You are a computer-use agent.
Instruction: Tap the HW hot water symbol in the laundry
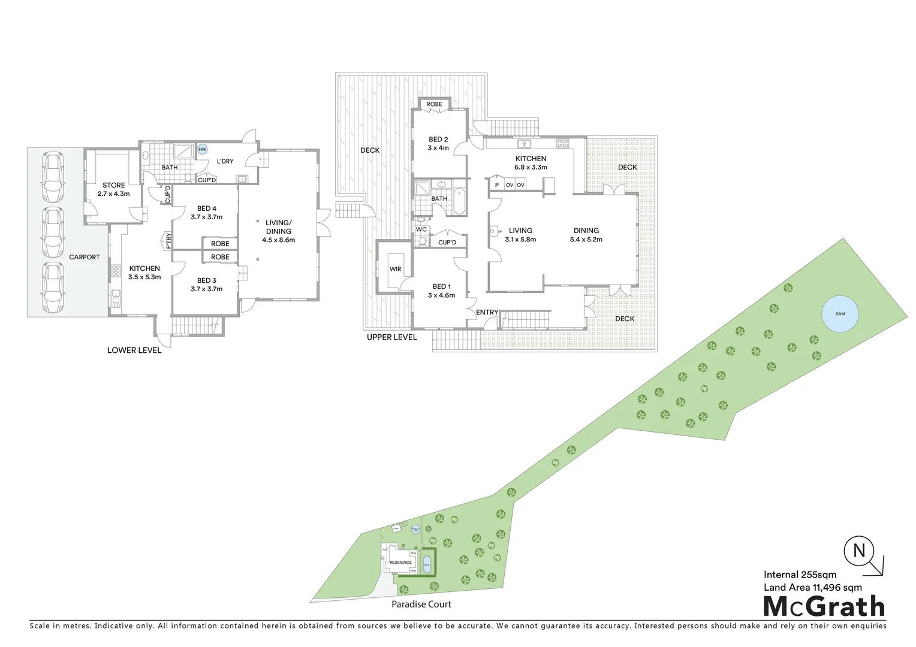pos(203,149)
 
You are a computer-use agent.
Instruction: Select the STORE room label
pos(113,186)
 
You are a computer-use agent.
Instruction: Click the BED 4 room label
pos(206,209)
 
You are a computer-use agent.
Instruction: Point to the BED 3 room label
pos(206,280)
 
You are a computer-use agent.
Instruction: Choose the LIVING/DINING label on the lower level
pos(278,227)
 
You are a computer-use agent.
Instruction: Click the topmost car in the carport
pos(53,177)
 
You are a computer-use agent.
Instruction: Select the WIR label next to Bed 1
pos(395,270)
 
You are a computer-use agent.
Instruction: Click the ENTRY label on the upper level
pos(487,312)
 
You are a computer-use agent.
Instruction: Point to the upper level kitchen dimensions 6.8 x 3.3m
pos(531,168)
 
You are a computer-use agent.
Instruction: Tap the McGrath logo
pos(824,606)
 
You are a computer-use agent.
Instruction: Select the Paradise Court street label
pos(421,604)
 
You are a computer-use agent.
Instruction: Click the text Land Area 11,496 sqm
pos(812,587)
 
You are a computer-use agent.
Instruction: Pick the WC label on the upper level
pos(421,229)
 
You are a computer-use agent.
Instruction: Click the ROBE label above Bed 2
pos(434,104)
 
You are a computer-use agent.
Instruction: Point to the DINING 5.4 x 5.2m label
pos(586,235)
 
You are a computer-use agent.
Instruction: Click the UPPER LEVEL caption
pos(391,337)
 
